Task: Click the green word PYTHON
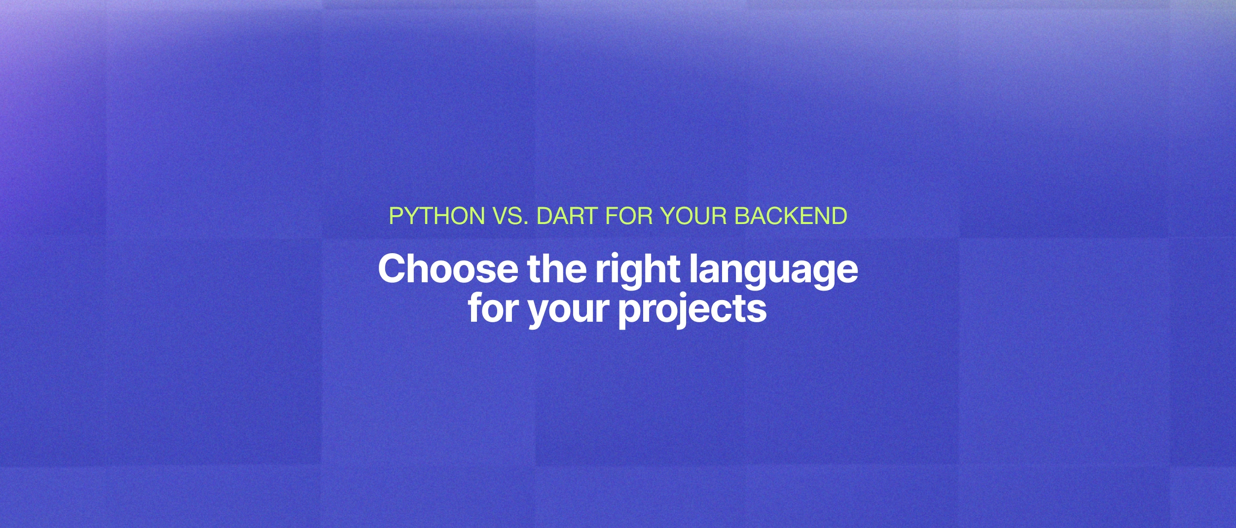click(437, 216)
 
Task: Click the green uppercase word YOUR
click(693, 216)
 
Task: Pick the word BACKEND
click(791, 216)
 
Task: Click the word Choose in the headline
click(448, 269)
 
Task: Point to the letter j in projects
click(685, 311)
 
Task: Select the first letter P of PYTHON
click(395, 216)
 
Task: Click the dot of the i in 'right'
click(617, 257)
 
